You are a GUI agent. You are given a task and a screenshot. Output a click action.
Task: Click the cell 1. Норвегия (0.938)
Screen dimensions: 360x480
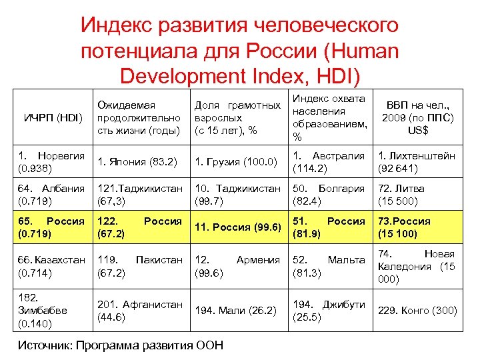(51, 161)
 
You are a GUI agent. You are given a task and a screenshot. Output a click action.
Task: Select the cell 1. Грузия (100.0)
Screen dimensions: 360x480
(237, 161)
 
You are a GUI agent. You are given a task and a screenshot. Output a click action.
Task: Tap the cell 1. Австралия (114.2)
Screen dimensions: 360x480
(329, 161)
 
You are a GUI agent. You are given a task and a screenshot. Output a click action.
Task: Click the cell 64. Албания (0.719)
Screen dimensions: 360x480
(51, 194)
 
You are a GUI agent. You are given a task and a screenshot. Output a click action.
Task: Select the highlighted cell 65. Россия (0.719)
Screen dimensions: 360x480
(51, 227)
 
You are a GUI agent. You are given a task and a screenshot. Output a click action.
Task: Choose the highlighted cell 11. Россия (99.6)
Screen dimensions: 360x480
(237, 227)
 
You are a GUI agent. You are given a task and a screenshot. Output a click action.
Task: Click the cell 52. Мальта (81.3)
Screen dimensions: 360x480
(329, 267)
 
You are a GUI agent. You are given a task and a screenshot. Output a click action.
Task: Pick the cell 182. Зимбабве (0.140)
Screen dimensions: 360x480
(51, 311)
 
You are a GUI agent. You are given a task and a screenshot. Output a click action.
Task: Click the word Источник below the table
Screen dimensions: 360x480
(43, 345)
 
